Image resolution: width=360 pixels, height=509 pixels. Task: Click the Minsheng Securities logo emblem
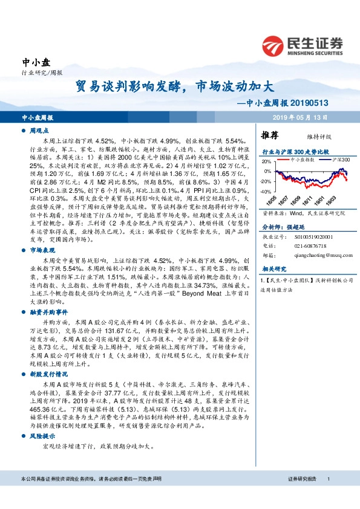coord(275,46)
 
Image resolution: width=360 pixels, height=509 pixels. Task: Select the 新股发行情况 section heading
coord(47,374)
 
